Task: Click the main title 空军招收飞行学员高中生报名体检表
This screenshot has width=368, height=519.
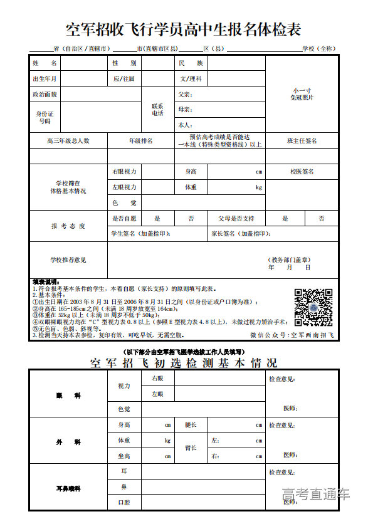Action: click(184, 29)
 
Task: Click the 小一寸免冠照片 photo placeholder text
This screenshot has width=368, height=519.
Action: click(302, 94)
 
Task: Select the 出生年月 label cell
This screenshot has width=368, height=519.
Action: click(45, 79)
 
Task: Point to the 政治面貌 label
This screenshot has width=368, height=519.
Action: click(45, 94)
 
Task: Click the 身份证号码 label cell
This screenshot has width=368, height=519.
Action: click(45, 117)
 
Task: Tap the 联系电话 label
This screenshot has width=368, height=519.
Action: click(157, 110)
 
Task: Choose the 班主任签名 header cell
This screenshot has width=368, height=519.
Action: click(302, 141)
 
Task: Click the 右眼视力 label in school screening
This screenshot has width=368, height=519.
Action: click(124, 171)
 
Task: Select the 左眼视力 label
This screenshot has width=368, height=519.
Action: click(124, 187)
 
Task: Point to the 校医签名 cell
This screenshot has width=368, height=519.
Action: click(302, 171)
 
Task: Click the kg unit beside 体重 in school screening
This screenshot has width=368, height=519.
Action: click(258, 187)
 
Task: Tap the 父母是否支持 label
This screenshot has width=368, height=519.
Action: click(236, 218)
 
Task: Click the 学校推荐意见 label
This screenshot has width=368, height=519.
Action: click(68, 259)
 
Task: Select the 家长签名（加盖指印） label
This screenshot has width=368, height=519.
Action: click(241, 234)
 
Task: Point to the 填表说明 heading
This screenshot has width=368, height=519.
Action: click(46, 281)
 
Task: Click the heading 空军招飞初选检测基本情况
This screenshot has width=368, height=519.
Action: click(183, 363)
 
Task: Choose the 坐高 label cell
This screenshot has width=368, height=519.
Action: click(124, 456)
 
